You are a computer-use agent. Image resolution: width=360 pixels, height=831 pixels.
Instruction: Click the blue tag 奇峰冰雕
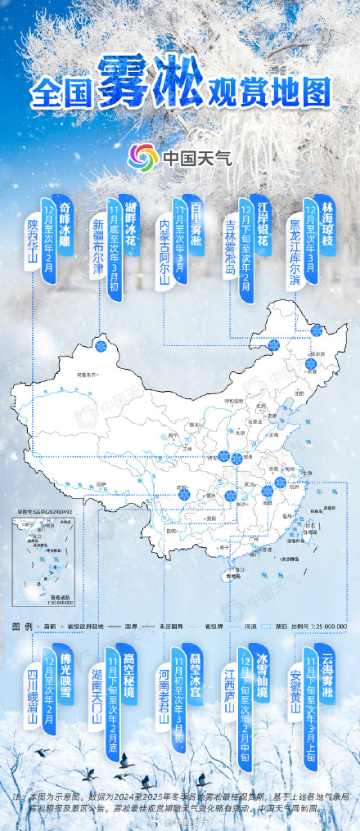[66, 227]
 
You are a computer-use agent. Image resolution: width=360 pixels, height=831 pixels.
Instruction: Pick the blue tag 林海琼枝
[328, 226]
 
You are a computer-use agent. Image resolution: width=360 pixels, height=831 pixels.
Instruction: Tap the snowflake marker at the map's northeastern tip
[317, 330]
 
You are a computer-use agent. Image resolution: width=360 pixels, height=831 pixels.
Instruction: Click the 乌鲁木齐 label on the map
[86, 375]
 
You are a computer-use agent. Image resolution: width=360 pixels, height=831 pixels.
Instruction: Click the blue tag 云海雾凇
[327, 666]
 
